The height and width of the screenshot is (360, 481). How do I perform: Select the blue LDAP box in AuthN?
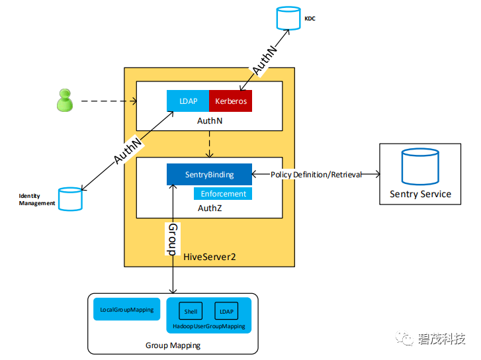coord(188,101)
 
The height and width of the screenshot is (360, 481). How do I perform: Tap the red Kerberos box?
coord(230,101)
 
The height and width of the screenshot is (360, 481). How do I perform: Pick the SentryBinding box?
coord(209,174)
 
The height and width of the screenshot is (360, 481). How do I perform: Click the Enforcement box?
coord(223,194)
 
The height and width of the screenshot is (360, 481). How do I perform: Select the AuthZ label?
coord(209,208)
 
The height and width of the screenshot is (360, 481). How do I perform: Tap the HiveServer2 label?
coord(210,256)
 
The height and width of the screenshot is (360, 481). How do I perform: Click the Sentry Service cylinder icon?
coord(420,167)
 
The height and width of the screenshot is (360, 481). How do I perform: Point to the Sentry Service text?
coord(420,194)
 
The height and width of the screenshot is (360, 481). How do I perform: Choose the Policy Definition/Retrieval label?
coord(316,175)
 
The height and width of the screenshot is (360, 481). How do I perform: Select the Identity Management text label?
coord(36,200)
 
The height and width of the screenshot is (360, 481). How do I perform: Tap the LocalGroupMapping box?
coord(126,310)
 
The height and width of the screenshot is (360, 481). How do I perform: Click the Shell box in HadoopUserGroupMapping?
coord(191,311)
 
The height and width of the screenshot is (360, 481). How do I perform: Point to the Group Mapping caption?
coord(173,345)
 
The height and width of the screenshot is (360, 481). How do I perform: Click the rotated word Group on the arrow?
coord(172,239)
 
